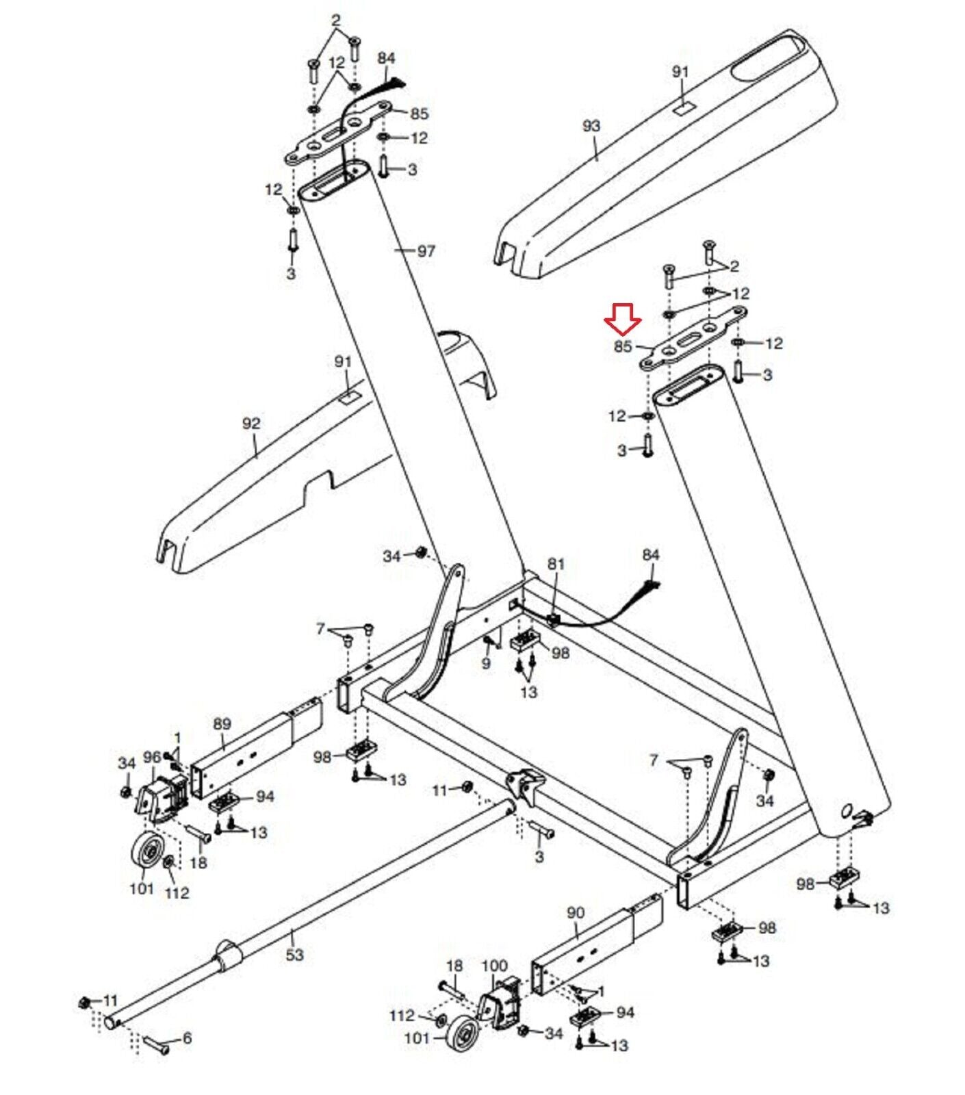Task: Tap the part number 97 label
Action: [426, 251]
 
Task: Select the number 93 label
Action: [591, 126]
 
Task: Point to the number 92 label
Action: [251, 424]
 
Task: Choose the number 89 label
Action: [222, 723]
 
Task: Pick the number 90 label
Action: [576, 912]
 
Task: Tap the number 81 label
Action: [556, 564]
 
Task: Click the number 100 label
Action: [495, 966]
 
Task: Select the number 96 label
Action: [152, 757]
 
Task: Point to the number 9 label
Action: [486, 663]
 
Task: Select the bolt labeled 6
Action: [155, 1044]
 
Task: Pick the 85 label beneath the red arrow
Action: [623, 346]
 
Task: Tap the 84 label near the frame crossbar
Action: [650, 554]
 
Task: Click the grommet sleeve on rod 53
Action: [228, 955]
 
